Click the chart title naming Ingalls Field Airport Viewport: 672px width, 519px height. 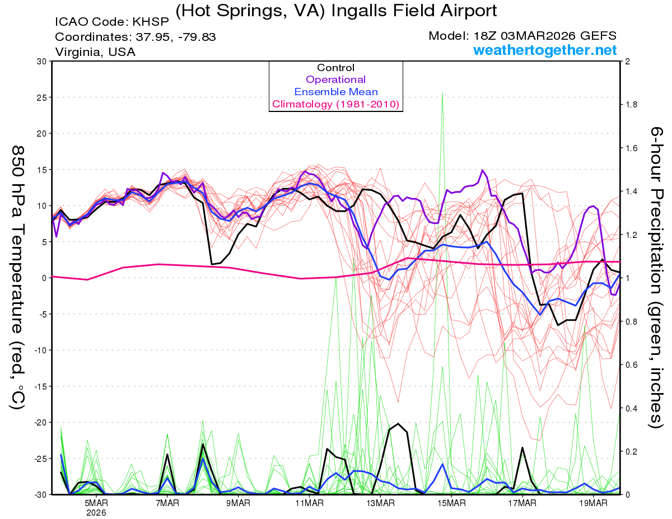pyautogui.click(x=336, y=11)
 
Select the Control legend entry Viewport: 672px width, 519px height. pyautogui.click(x=335, y=68)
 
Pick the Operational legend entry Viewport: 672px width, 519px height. pyautogui.click(x=335, y=80)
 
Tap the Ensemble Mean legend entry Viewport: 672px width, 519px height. pyautogui.click(x=335, y=92)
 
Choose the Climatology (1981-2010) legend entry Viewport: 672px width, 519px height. pyautogui.click(x=335, y=104)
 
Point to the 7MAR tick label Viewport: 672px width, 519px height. pyautogui.click(x=167, y=503)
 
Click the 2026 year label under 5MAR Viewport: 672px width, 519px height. pyautogui.click(x=96, y=512)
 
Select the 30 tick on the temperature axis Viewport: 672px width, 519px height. pyautogui.click(x=40, y=62)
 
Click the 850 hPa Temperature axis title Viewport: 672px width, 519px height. pyautogui.click(x=18, y=277)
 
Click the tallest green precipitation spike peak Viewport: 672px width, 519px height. pyautogui.click(x=442, y=93)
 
